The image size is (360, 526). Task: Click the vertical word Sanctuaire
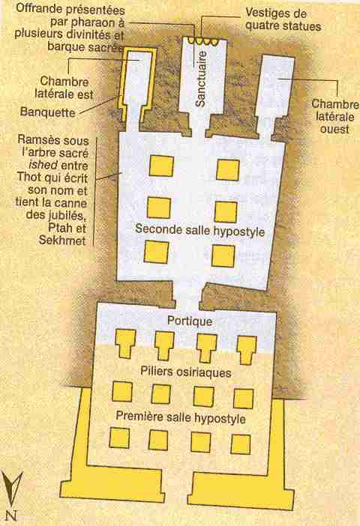point(201,79)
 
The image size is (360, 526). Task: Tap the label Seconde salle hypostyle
point(199,231)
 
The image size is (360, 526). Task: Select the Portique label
point(190,321)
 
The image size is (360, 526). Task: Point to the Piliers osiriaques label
point(186,372)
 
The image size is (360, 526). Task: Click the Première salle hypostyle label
point(181,417)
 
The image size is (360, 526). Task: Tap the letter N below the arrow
point(10,515)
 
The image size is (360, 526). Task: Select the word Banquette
point(47,112)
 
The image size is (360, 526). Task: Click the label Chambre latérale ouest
point(334,116)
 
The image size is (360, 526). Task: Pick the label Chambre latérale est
point(64,88)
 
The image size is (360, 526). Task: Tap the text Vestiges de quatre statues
point(283,19)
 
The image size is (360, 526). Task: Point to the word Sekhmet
point(62,241)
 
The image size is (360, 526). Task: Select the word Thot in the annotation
point(30,177)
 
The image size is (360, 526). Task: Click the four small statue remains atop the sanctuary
point(203,41)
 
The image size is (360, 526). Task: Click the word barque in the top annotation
point(66,46)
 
